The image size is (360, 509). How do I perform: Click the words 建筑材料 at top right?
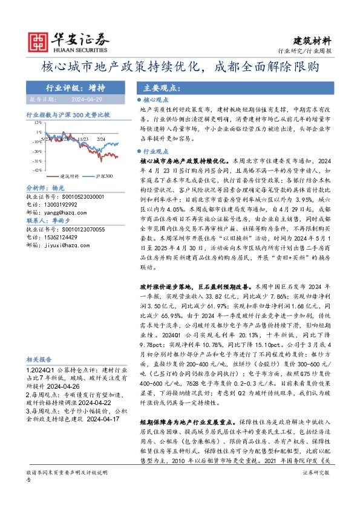pyautogui.click(x=313, y=41)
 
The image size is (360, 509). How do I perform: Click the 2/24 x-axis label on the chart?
pyautogui.click(x=100, y=138)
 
